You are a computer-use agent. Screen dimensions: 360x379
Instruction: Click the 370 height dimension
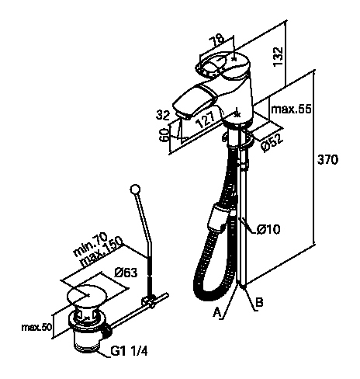click(x=327, y=159)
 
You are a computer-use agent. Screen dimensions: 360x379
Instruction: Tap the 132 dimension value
click(x=279, y=57)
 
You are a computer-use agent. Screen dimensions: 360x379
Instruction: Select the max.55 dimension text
click(x=291, y=109)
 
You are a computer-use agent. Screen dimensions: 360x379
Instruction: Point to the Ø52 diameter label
click(x=272, y=144)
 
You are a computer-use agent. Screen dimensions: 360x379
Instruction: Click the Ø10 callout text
click(x=268, y=229)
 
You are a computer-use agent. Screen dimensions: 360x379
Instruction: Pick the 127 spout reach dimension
click(x=206, y=120)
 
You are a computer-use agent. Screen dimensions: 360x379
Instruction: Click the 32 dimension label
click(x=163, y=115)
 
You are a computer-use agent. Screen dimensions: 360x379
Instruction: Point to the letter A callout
click(x=216, y=312)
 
